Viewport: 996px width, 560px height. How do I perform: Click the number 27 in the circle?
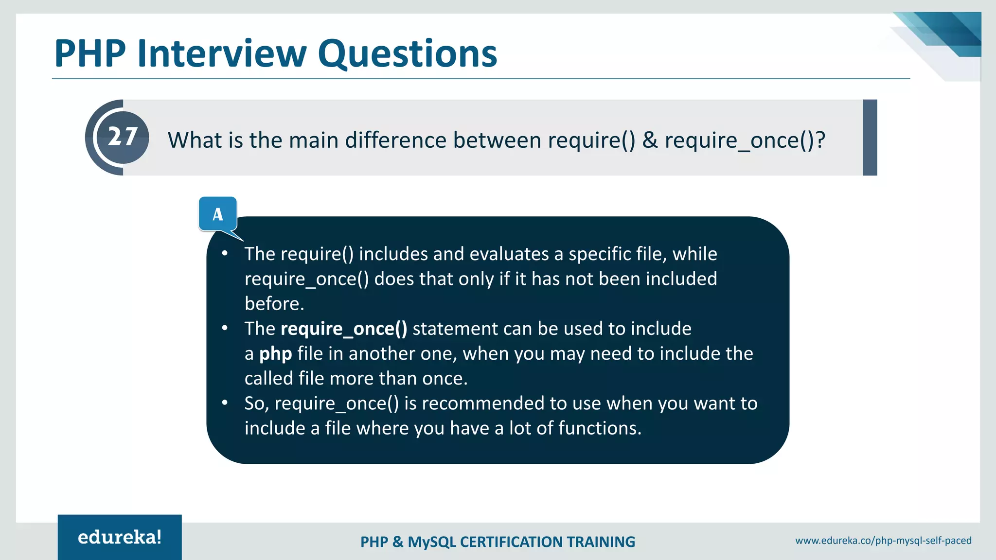click(x=123, y=137)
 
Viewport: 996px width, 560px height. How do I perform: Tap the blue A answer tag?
click(x=218, y=214)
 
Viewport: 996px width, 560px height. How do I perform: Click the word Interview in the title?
click(x=222, y=53)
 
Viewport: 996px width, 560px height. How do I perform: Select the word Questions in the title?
click(x=408, y=53)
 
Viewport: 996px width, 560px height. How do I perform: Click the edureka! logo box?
click(x=120, y=537)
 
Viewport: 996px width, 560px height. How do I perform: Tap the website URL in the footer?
click(x=883, y=541)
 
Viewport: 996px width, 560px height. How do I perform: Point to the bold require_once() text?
click(x=344, y=329)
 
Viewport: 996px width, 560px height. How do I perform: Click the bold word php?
click(x=275, y=354)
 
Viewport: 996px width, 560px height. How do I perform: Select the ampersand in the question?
click(x=650, y=140)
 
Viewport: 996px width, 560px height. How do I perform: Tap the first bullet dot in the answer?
click(x=225, y=253)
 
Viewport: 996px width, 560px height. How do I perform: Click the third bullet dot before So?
click(x=225, y=402)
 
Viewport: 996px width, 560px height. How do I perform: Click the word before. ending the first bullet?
click(x=274, y=304)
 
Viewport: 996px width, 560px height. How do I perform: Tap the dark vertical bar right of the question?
click(x=870, y=138)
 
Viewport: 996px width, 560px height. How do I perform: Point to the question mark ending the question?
click(x=820, y=140)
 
